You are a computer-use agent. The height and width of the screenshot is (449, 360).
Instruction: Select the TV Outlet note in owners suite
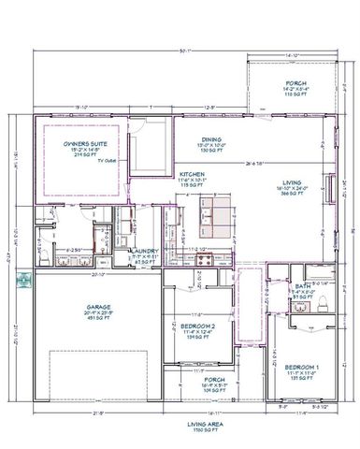coord(110,161)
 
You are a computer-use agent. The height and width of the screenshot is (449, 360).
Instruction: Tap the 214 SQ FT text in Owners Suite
coord(80,156)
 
